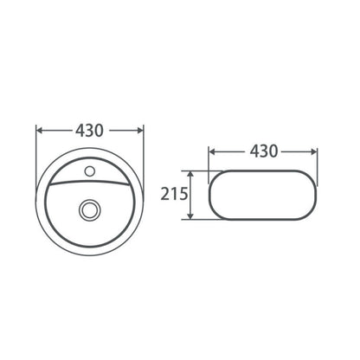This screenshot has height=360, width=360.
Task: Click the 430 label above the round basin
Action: [89, 131]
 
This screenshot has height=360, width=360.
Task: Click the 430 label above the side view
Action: [264, 151]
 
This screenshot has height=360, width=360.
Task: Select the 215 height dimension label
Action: [174, 194]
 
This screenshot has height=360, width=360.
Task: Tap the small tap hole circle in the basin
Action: [90, 171]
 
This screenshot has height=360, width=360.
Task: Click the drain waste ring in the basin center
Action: [90, 209]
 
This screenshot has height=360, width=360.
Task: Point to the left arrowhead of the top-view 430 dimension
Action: [39, 131]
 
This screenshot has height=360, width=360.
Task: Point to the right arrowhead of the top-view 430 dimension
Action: [140, 131]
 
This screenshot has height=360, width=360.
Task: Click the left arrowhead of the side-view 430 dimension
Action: [212, 151]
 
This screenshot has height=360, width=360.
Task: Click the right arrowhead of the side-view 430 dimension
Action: [313, 151]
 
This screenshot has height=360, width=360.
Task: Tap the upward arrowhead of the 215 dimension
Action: [190, 174]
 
